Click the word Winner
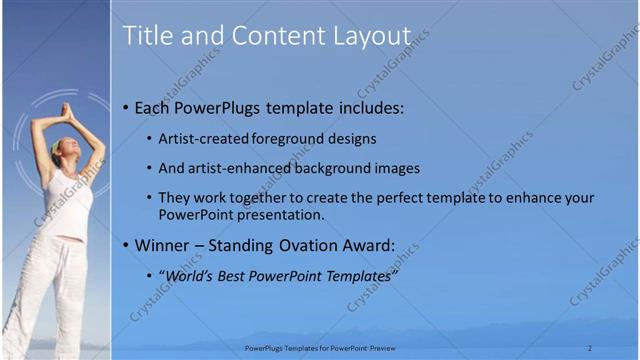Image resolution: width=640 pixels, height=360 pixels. click(163, 245)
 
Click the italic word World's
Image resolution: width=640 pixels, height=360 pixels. click(188, 275)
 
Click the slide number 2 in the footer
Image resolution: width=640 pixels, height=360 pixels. click(590, 348)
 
